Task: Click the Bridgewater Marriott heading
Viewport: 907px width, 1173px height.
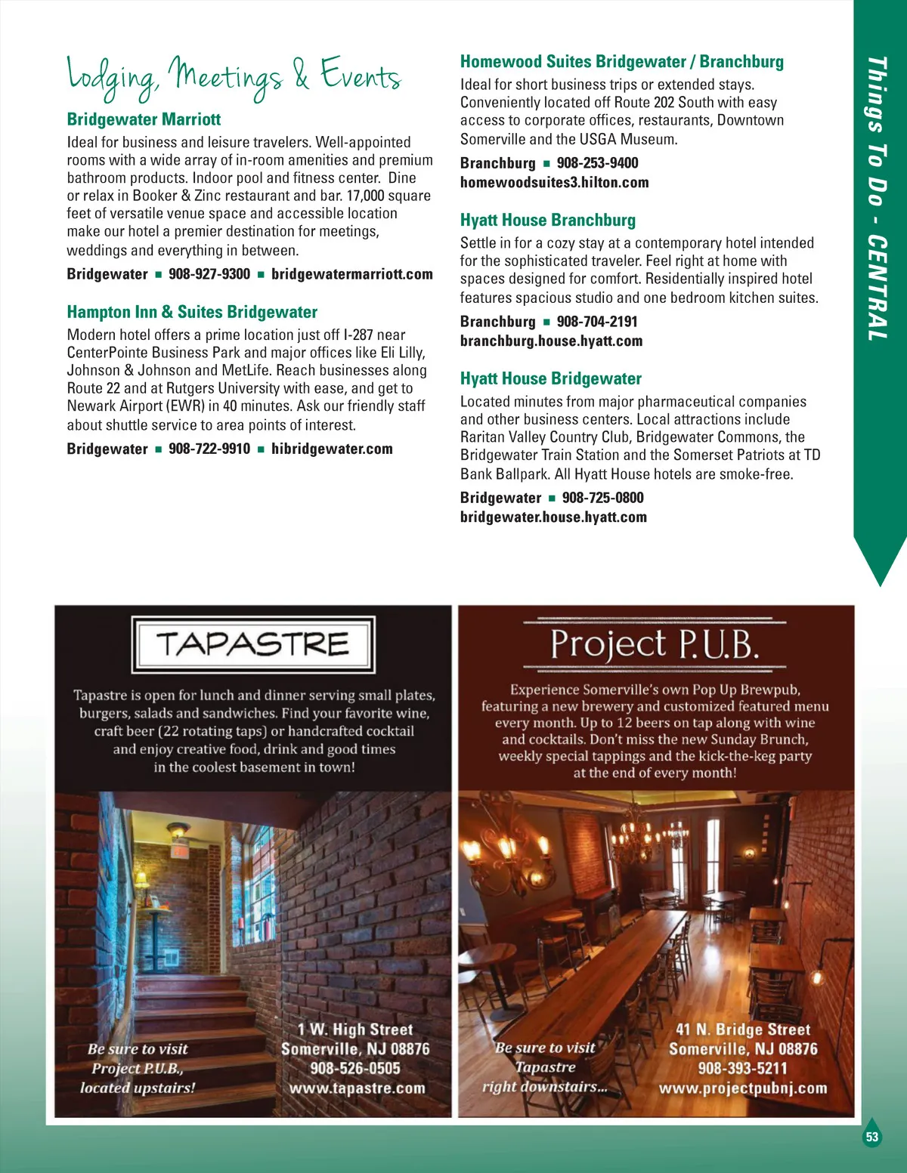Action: (x=144, y=119)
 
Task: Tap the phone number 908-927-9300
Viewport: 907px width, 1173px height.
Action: (x=209, y=274)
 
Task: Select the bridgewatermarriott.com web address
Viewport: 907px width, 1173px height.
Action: (x=352, y=274)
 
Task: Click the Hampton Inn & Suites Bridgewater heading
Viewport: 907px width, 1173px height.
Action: (x=192, y=312)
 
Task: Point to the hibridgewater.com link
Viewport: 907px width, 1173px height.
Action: (x=332, y=449)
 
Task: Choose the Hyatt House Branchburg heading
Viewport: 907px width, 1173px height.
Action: (x=548, y=221)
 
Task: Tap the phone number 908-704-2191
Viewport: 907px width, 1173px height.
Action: (x=597, y=322)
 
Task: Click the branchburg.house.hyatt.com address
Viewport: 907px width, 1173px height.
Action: (x=551, y=341)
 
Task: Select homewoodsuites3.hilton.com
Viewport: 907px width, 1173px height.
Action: (x=554, y=182)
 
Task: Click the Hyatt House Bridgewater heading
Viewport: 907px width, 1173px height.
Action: (x=551, y=379)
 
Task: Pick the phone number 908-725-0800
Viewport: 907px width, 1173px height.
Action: (x=603, y=498)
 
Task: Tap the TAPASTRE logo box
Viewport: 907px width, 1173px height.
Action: (x=253, y=645)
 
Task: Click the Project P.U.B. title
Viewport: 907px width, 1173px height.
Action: (x=655, y=645)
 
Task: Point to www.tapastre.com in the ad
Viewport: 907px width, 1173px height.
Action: (x=357, y=1088)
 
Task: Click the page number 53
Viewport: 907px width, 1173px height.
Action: (x=872, y=1138)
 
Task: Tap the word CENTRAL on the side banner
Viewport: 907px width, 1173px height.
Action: (x=877, y=287)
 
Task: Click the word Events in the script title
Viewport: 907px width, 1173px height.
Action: (x=361, y=76)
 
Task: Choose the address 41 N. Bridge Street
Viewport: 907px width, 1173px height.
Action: (x=742, y=1029)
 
